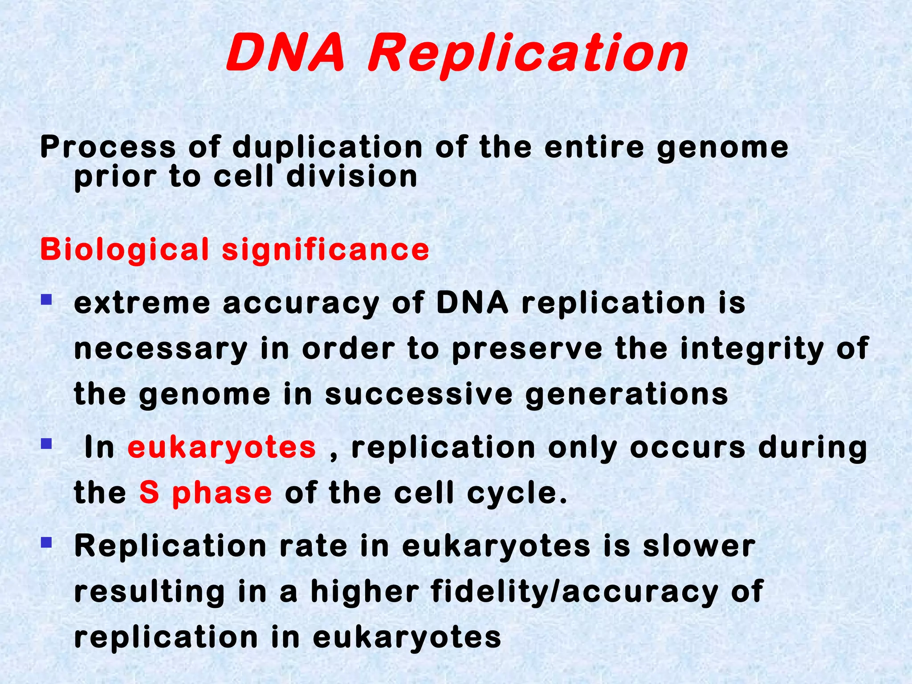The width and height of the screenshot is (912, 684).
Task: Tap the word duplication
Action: pos(327,147)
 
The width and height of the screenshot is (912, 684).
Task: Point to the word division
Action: pos(352,177)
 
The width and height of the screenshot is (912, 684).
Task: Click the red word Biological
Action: pos(125,249)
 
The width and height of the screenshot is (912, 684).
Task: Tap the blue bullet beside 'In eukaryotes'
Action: pos(46,444)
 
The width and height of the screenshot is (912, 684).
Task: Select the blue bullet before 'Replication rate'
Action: pos(46,542)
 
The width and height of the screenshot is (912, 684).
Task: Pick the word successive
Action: pos(419,395)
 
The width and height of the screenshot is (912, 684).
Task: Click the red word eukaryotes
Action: pos(222,448)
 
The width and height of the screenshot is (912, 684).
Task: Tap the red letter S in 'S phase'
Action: pos(149,493)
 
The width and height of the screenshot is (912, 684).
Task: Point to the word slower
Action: pos(699,546)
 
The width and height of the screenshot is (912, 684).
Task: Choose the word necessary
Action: pos(161,350)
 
